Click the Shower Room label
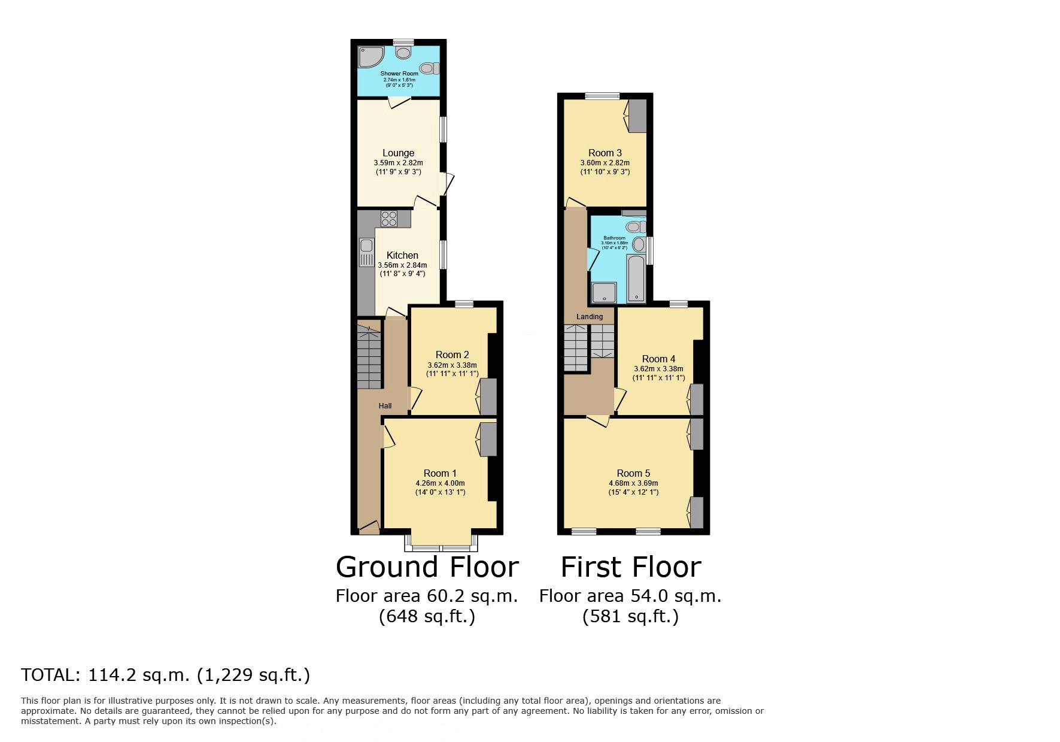(399, 74)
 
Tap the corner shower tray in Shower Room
(368, 58)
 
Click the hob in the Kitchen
(389, 219)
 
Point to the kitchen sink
(366, 252)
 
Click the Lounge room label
(398, 153)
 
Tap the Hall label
(385, 406)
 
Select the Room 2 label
(452, 355)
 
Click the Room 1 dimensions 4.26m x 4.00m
(440, 483)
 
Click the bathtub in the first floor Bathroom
(636, 278)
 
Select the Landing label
(590, 317)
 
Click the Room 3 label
(605, 153)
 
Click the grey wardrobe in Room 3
(637, 116)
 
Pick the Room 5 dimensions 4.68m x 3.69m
(633, 483)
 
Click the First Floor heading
(630, 567)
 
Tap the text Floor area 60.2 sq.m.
(426, 596)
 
